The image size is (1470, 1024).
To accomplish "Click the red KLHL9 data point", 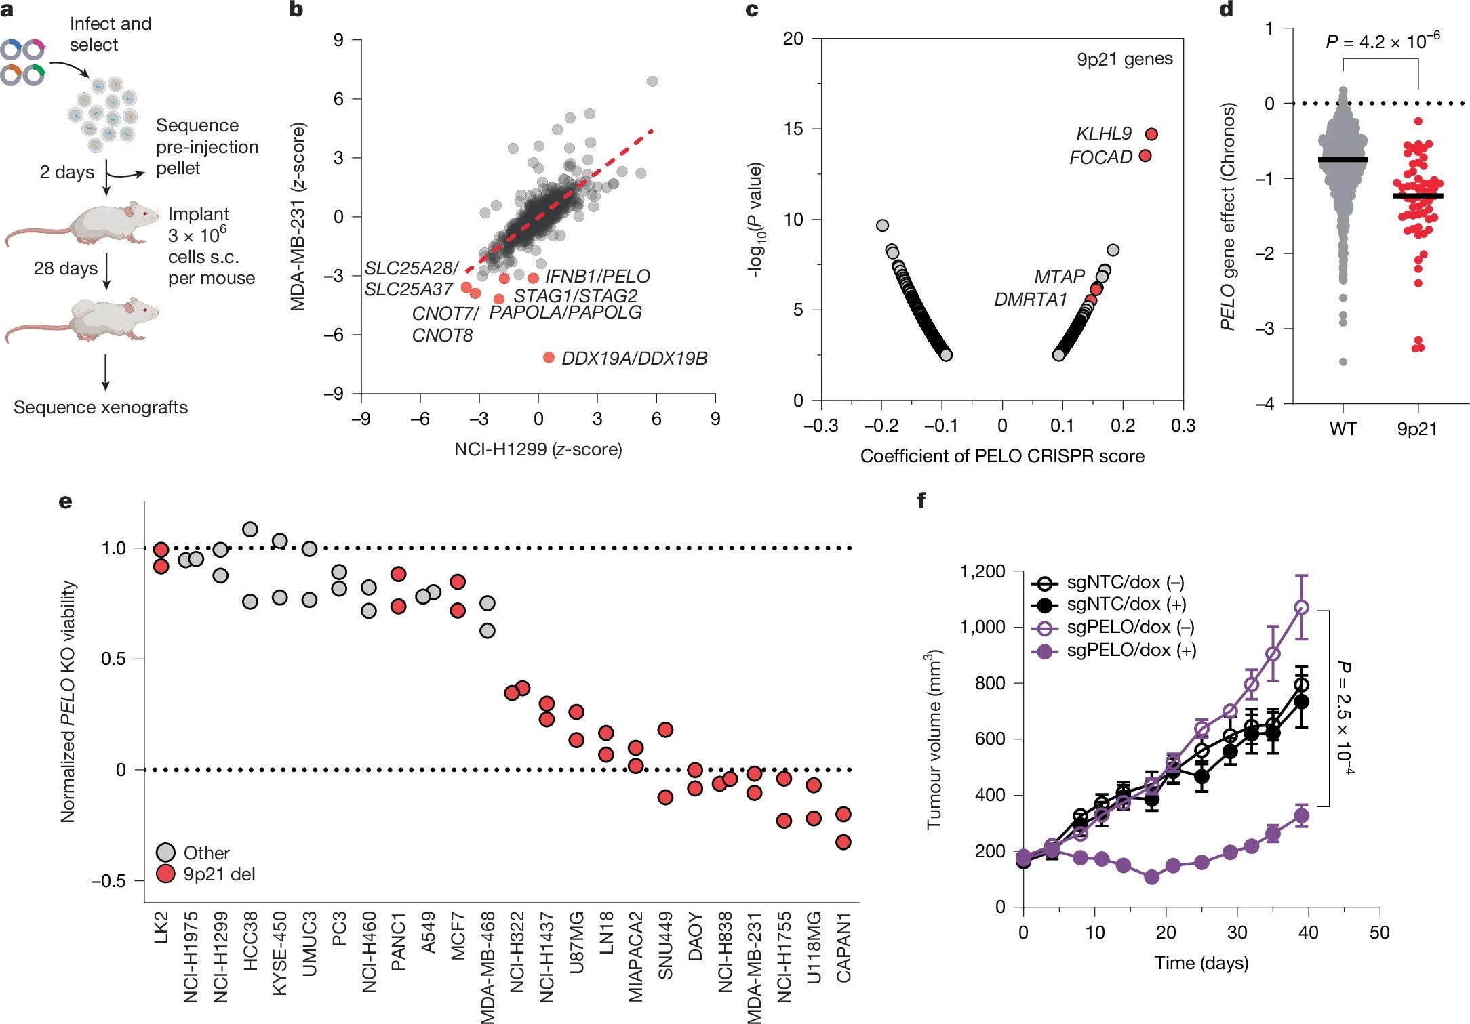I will pyautogui.click(x=1151, y=134).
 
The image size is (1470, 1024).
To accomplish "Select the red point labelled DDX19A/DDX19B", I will pyautogui.click(x=549, y=357).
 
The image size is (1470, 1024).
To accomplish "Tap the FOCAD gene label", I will pyautogui.click(x=1100, y=157).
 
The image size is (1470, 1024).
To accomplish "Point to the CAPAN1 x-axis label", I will pyautogui.click(x=843, y=947).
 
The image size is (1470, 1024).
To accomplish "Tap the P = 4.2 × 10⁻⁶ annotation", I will pyautogui.click(x=1382, y=41).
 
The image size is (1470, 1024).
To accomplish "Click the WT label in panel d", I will pyautogui.click(x=1343, y=429).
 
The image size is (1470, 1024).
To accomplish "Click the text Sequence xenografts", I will pyautogui.click(x=100, y=407).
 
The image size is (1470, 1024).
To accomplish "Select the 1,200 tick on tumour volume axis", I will pyautogui.click(x=982, y=571).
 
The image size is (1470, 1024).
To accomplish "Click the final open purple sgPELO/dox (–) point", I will pyautogui.click(x=1301, y=608).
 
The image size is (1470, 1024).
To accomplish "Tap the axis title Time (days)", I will pyautogui.click(x=1201, y=963).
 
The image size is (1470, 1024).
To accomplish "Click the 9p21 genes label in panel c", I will pyautogui.click(x=1124, y=59).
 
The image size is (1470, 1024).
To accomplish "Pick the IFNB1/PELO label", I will pyautogui.click(x=597, y=277).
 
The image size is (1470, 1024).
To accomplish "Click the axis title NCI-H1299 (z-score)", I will pyautogui.click(x=538, y=449).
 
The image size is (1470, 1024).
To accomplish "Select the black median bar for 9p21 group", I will pyautogui.click(x=1418, y=196).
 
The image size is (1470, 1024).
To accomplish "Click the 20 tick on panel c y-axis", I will pyautogui.click(x=793, y=39).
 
